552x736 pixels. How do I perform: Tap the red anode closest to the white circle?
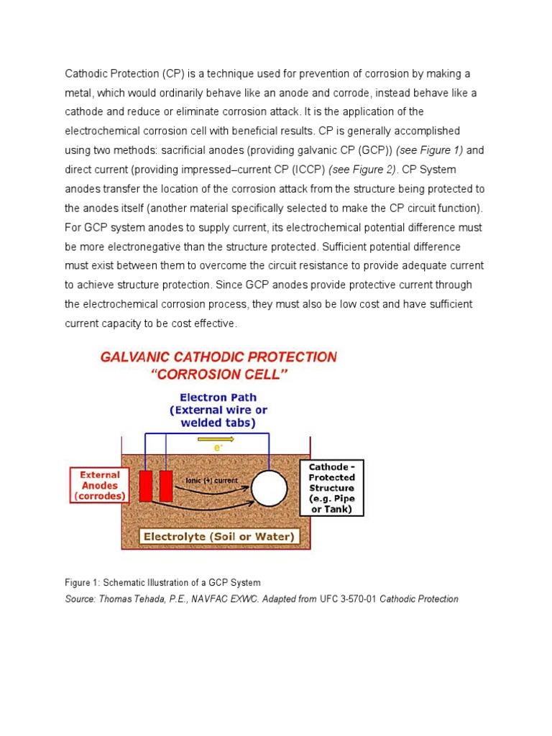pos(166,487)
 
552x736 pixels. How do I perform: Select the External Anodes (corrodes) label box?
pos(99,484)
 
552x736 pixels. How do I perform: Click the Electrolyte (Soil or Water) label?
pos(218,536)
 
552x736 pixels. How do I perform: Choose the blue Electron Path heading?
pos(218,397)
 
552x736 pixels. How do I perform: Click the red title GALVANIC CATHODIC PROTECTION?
pos(218,356)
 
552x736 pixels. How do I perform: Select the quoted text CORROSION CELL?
pos(218,374)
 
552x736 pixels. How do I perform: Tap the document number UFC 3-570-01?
pos(349,599)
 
